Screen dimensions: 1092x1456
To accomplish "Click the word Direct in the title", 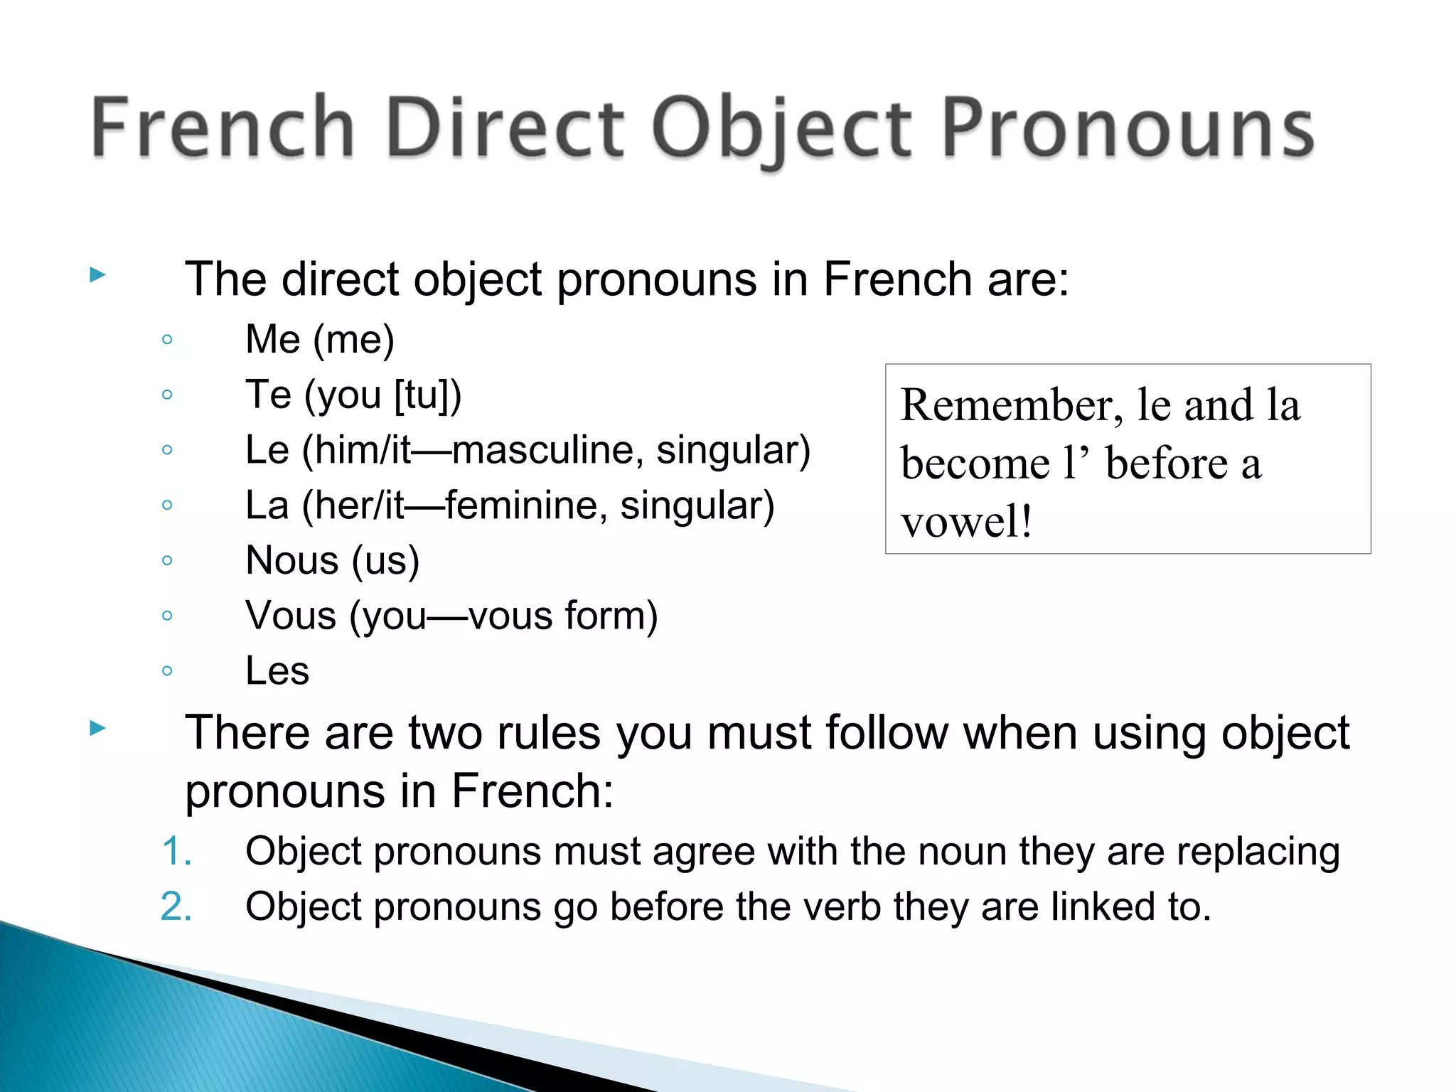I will coord(505,128).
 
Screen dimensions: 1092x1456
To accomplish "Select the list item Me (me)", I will coord(319,339).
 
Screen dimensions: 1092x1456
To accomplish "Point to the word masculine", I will coord(547,450).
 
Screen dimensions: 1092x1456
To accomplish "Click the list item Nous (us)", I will coord(332,560).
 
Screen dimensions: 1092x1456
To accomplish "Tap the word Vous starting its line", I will coord(290,616).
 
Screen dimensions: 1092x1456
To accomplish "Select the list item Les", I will coord(277,671).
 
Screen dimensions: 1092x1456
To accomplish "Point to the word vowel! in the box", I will coord(965,521).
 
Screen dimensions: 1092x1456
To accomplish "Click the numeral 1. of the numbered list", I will coord(176,851).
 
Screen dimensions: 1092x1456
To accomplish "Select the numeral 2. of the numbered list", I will coord(176,907).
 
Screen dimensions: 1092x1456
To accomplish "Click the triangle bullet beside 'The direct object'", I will coord(98,274).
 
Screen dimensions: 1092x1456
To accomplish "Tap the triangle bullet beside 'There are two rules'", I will coord(98,727).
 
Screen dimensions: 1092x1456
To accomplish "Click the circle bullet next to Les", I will coord(167,670).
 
